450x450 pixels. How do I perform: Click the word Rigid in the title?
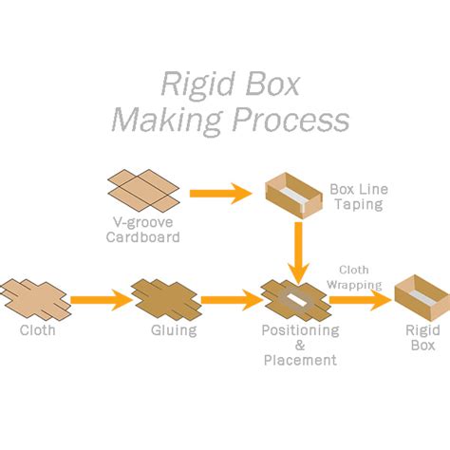pyautogui.click(x=189, y=84)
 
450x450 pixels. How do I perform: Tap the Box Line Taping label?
pyautogui.click(x=359, y=197)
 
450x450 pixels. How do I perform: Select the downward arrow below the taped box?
pyautogui.click(x=299, y=250)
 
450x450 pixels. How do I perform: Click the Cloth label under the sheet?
pyautogui.click(x=38, y=331)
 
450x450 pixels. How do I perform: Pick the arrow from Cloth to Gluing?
pyautogui.click(x=100, y=301)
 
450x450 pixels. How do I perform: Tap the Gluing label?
pyautogui.click(x=173, y=331)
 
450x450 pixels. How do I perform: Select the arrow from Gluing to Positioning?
pyautogui.click(x=230, y=301)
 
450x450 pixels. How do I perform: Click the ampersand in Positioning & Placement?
pyautogui.click(x=299, y=346)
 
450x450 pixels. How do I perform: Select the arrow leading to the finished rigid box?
pyautogui.click(x=359, y=300)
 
